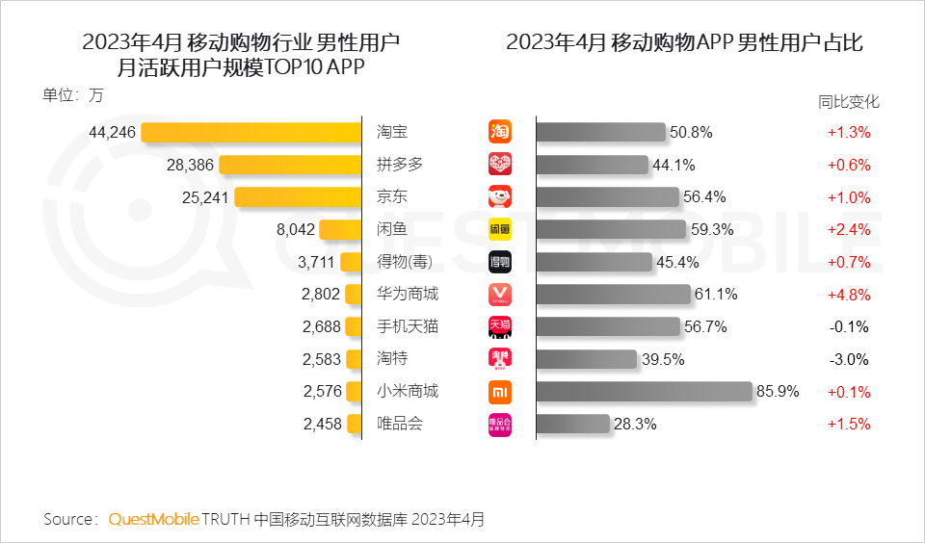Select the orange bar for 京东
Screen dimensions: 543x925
[x=298, y=196]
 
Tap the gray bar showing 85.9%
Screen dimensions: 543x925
[x=644, y=392]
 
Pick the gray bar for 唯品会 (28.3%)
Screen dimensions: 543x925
[x=572, y=424]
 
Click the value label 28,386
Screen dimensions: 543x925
[x=190, y=165]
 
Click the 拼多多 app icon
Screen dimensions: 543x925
[x=500, y=165]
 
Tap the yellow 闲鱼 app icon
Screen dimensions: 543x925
[x=500, y=229]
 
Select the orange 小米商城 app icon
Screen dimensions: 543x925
[x=500, y=392]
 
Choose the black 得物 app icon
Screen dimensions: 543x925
[x=500, y=262]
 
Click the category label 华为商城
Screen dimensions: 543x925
[x=408, y=294]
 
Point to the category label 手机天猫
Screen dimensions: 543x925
[x=408, y=326]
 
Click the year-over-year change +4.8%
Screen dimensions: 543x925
[x=849, y=294]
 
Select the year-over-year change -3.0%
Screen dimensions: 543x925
[x=849, y=359]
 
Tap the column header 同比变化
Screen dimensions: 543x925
[x=849, y=101]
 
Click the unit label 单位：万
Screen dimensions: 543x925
[x=72, y=95]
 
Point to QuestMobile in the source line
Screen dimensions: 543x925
[x=153, y=519]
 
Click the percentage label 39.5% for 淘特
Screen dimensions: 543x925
[x=663, y=359]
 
